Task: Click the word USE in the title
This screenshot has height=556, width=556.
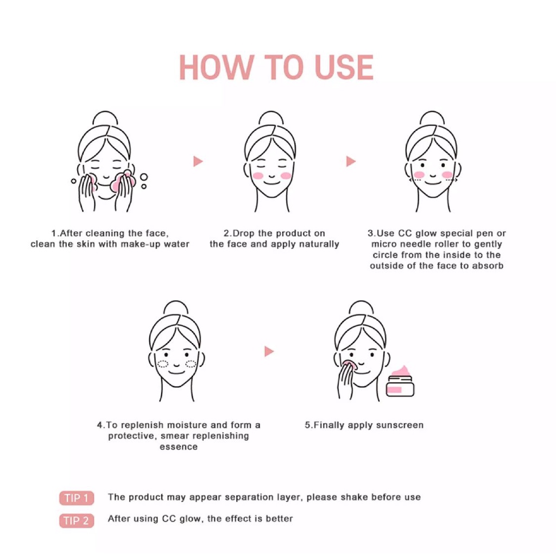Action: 344,67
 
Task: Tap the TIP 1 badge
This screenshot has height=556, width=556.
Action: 77,498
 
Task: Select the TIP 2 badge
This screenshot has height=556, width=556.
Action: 77,521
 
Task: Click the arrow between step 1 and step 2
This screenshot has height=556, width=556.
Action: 198,161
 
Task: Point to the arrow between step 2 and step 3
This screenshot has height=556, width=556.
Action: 351,161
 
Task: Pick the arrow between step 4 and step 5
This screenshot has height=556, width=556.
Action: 269,351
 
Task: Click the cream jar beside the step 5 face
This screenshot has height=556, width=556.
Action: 400,382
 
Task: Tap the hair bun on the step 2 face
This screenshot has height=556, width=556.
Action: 271,117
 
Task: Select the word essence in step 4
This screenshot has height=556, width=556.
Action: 178,447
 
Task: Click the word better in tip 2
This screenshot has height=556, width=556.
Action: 280,519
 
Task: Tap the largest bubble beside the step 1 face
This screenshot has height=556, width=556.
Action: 143,177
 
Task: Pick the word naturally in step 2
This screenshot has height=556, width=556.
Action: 319,244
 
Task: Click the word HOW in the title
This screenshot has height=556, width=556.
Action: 216,67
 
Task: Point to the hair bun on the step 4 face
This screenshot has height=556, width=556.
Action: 176,307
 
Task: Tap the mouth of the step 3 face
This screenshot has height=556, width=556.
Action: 433,182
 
